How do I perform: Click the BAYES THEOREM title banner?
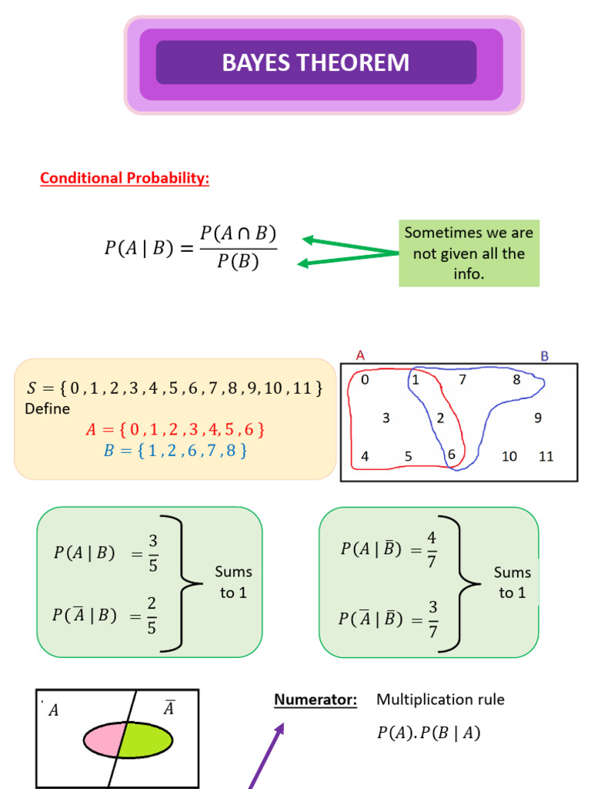[316, 62]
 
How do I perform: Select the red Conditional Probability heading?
[125, 178]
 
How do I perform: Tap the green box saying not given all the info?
[469, 253]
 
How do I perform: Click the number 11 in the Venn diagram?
[546, 456]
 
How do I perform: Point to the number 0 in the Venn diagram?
[365, 379]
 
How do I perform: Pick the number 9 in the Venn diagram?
[538, 418]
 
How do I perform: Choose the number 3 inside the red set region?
[386, 418]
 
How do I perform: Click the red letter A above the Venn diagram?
[360, 355]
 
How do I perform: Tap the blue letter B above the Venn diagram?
[545, 355]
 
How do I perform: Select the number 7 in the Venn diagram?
[462, 379]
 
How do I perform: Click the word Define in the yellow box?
[47, 408]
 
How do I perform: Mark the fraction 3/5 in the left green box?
[152, 552]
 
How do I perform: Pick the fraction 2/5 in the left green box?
[152, 615]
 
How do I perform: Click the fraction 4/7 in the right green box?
[432, 549]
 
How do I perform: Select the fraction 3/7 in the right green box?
[432, 618]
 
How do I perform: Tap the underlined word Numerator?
[316, 700]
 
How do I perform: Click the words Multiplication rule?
[440, 700]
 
